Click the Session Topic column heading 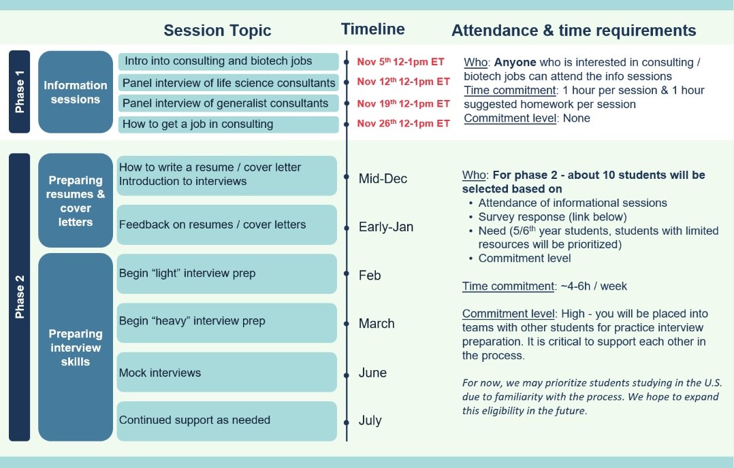217,31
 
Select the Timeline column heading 372,29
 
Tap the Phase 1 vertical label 20,92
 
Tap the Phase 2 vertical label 20,297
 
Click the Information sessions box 76,92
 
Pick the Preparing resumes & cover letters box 76,201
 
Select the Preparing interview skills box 76,347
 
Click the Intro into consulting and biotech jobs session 228,61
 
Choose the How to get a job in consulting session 228,124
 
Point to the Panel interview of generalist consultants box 228,103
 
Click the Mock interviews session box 227,373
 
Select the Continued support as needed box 227,420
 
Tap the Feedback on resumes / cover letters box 227,224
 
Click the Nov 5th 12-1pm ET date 400,62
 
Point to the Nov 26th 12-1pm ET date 403,124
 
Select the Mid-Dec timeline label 383,179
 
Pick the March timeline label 377,324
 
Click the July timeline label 370,420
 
